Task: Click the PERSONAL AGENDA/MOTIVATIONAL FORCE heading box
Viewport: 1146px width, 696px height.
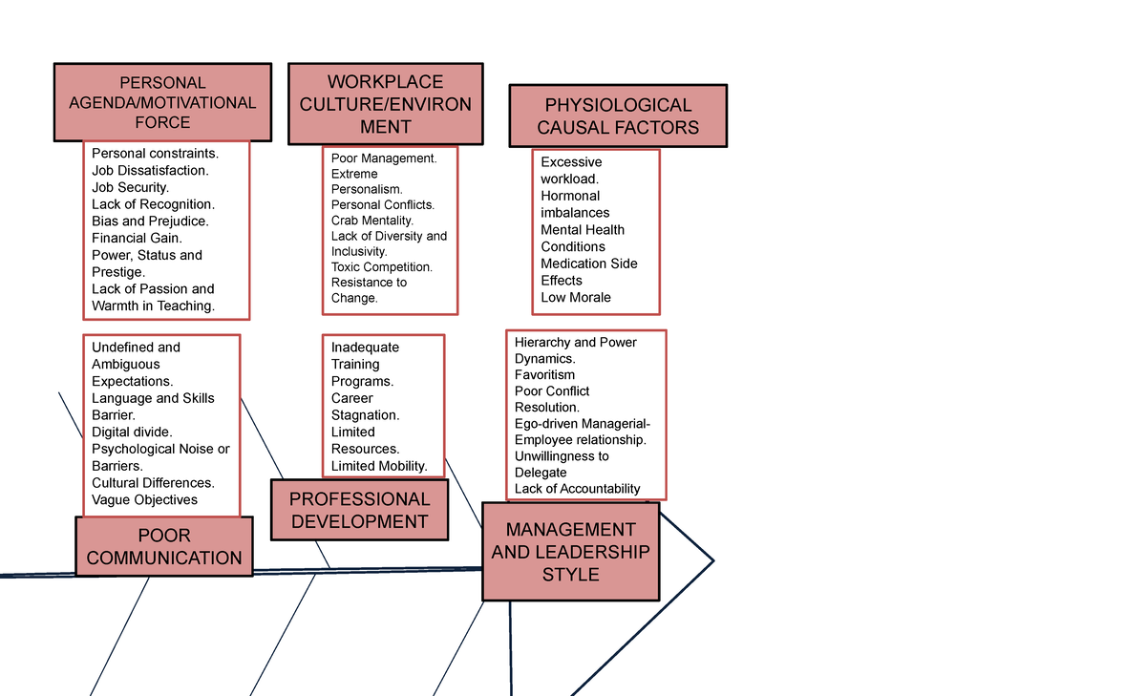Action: [x=162, y=102]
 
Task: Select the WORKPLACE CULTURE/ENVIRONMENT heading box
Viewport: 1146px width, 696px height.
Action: [x=385, y=104]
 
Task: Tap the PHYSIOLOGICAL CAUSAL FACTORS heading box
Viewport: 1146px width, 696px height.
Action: [x=618, y=116]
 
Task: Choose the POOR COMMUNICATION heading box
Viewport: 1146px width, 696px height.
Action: [x=164, y=546]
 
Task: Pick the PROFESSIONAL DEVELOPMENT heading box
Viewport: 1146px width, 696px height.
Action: [x=360, y=510]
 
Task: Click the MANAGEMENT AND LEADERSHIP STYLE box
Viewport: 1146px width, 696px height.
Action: [x=571, y=551]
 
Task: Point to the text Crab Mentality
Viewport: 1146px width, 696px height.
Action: [x=371, y=221]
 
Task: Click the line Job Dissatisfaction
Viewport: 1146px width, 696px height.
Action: [x=150, y=170]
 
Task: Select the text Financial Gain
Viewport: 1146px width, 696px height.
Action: [x=137, y=238]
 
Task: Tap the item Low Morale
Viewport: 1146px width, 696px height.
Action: [x=576, y=297]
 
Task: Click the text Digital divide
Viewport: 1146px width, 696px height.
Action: [x=132, y=432]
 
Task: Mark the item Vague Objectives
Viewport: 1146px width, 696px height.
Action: [x=144, y=499]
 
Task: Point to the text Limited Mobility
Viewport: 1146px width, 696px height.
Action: [x=379, y=466]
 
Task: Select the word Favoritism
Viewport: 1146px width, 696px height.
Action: [x=544, y=375]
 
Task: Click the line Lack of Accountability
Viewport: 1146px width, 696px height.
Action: [x=577, y=489]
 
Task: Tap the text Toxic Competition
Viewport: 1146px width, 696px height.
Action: [x=382, y=267]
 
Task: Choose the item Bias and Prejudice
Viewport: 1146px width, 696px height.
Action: [x=150, y=221]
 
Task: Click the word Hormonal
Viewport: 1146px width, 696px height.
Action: [x=570, y=196]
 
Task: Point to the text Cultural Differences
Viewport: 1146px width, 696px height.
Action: [x=153, y=483]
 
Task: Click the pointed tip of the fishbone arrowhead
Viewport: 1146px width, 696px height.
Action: [x=713, y=561]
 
